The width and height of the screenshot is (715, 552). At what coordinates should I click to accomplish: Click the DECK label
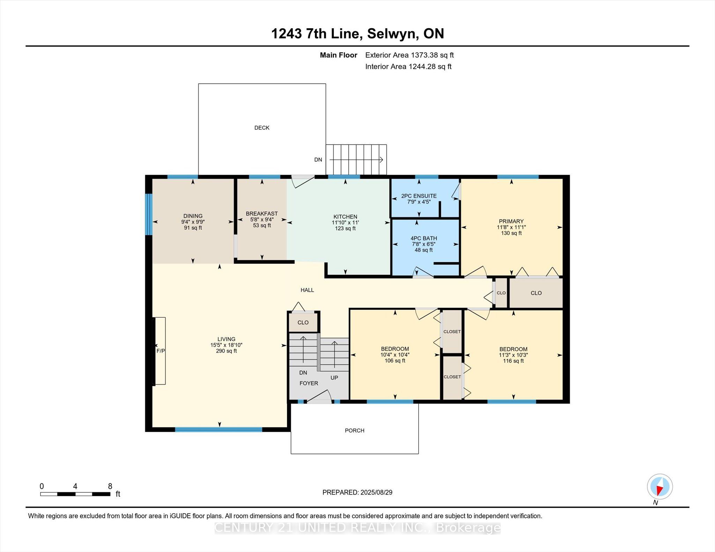click(x=261, y=128)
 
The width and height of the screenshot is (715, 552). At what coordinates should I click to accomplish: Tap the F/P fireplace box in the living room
click(x=160, y=351)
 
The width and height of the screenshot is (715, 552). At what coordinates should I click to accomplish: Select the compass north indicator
click(x=659, y=487)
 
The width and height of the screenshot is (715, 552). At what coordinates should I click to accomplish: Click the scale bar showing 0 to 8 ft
click(x=75, y=494)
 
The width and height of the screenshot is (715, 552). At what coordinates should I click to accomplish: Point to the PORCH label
click(x=354, y=431)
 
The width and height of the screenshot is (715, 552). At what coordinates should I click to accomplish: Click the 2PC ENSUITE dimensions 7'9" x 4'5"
click(x=419, y=202)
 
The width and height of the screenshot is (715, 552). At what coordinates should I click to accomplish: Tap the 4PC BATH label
click(x=423, y=238)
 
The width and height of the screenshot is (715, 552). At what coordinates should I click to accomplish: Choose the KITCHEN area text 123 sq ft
click(x=345, y=228)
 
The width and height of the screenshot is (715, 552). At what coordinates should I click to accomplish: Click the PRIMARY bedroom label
click(x=511, y=221)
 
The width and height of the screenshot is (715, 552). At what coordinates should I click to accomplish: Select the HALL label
click(x=307, y=290)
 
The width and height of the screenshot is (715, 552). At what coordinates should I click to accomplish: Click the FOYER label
click(x=309, y=383)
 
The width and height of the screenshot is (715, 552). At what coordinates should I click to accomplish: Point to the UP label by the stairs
click(x=334, y=378)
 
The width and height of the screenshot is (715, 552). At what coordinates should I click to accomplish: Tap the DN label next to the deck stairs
click(x=318, y=160)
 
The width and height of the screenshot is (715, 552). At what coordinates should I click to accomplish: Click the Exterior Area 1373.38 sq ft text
click(x=409, y=55)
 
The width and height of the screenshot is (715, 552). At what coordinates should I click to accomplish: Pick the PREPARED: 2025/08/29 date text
click(x=357, y=492)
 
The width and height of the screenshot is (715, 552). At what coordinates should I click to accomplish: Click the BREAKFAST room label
click(x=261, y=213)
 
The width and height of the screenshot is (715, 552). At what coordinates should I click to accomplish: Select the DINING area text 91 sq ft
click(x=193, y=228)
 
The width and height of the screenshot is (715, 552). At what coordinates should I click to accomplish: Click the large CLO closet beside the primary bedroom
click(x=536, y=293)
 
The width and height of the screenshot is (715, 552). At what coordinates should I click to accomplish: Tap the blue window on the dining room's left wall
click(x=149, y=214)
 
